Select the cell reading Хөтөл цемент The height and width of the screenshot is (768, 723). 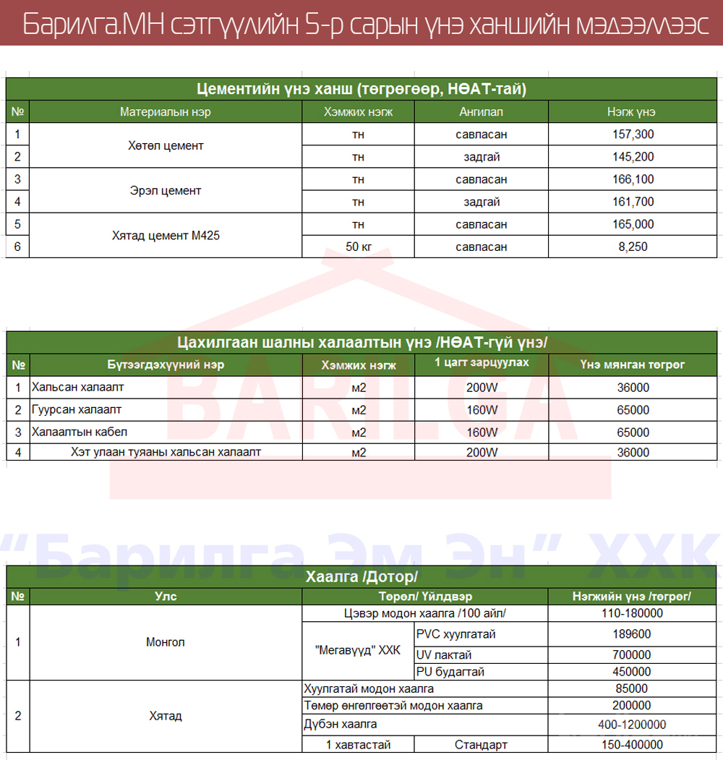(x=166, y=145)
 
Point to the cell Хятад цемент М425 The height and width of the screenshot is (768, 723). (x=166, y=236)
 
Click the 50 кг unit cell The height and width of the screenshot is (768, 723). (x=358, y=247)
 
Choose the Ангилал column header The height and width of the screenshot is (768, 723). (x=481, y=112)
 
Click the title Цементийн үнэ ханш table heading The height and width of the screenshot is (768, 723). (x=361, y=89)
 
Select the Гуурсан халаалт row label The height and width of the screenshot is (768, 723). (x=77, y=410)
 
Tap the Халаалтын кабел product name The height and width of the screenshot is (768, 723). (x=80, y=432)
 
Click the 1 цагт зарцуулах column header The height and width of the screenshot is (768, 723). (x=482, y=362)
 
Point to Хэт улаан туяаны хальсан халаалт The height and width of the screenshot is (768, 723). (x=166, y=453)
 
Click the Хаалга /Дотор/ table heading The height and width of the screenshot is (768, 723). (x=361, y=576)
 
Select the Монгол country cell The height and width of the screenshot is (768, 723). (x=166, y=642)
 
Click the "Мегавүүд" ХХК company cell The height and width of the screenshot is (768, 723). (x=358, y=650)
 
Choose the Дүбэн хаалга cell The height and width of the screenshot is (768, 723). (x=341, y=724)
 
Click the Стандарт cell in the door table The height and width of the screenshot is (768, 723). (x=481, y=745)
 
